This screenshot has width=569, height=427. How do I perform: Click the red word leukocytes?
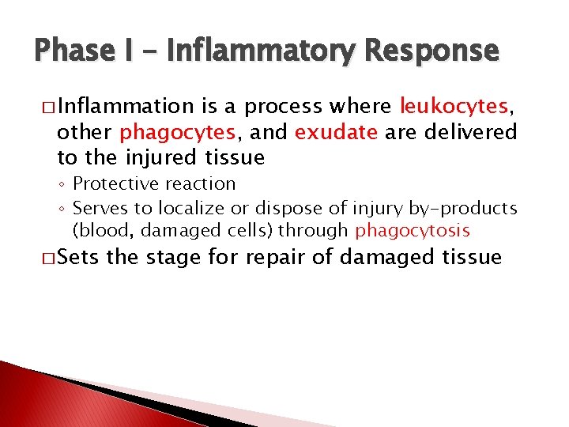(x=454, y=106)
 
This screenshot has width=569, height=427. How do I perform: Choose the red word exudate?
(x=336, y=132)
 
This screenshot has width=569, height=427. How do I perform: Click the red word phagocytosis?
(x=413, y=231)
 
